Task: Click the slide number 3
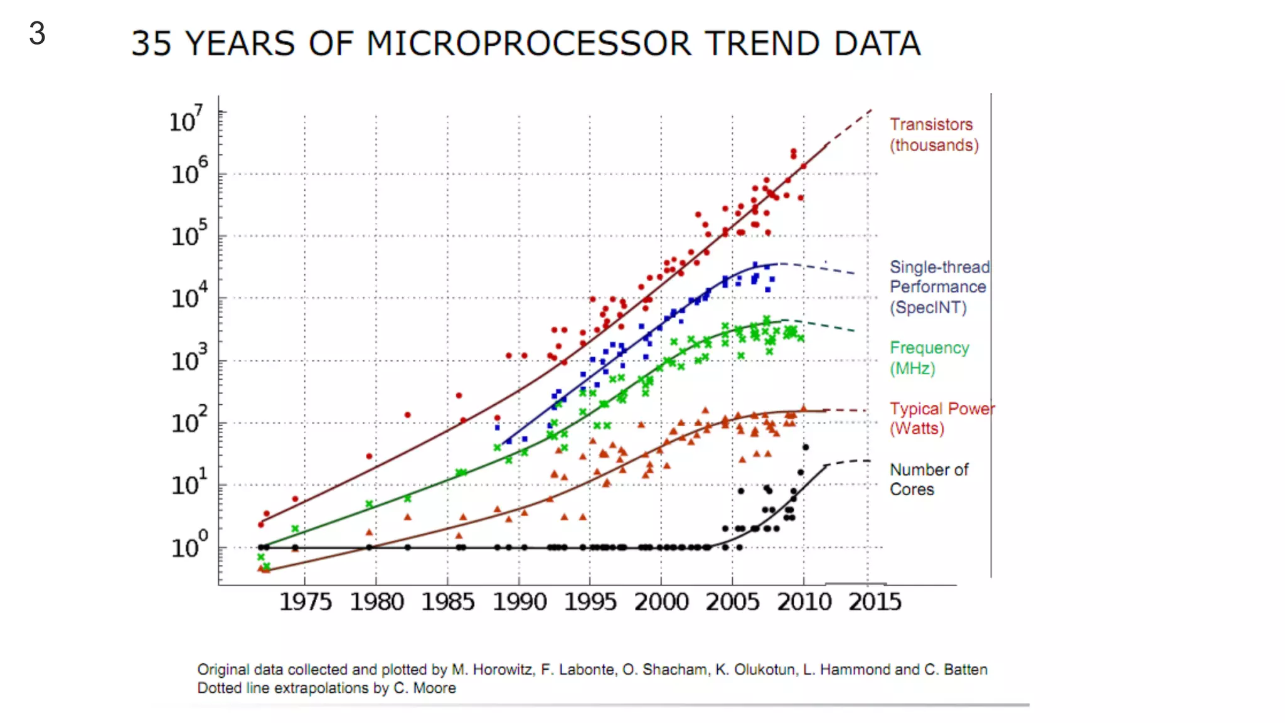37,33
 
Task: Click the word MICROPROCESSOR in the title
529,44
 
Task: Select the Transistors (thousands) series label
933,134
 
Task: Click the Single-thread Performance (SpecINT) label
939,287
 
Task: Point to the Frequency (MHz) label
929,358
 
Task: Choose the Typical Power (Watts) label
941,419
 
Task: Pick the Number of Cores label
928,479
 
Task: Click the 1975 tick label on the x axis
305,602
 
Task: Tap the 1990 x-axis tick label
519,602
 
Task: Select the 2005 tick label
732,602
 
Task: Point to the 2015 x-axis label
875,602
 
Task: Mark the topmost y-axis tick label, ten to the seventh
186,119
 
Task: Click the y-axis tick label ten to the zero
188,545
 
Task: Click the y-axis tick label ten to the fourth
188,296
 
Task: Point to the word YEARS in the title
240,44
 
